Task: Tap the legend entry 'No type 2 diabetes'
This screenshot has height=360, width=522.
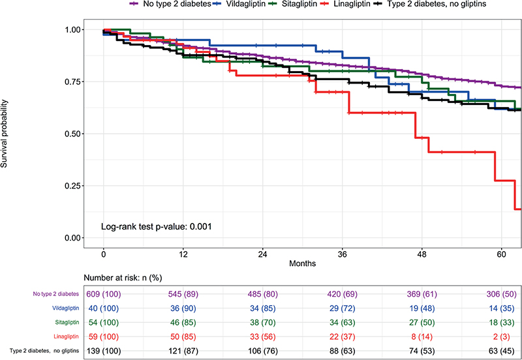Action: [170, 4]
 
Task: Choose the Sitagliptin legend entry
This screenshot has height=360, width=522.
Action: [292, 4]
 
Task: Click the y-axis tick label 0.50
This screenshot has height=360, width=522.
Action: [73, 134]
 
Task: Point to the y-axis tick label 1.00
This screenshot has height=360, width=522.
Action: [73, 29]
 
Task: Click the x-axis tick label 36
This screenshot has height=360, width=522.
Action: [342, 254]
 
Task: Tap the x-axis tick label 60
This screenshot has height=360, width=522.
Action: [501, 254]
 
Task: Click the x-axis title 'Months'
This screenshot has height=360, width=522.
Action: [302, 264]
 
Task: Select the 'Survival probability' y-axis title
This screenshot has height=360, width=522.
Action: [4, 134]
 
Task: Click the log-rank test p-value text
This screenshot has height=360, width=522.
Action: [157, 227]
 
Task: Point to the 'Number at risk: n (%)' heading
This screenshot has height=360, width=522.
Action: [123, 278]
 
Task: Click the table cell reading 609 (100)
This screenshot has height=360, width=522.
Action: [104, 294]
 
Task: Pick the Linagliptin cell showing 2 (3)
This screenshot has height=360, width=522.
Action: [501, 337]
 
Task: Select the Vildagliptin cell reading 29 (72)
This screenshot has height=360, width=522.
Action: [342, 308]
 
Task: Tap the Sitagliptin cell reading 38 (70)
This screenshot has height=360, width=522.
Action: [263, 323]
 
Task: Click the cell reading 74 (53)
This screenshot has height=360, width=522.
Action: [422, 351]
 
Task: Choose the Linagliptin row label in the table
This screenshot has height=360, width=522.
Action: [67, 337]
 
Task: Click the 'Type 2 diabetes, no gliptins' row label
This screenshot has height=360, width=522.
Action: [44, 351]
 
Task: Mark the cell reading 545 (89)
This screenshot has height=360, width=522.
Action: [183, 294]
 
